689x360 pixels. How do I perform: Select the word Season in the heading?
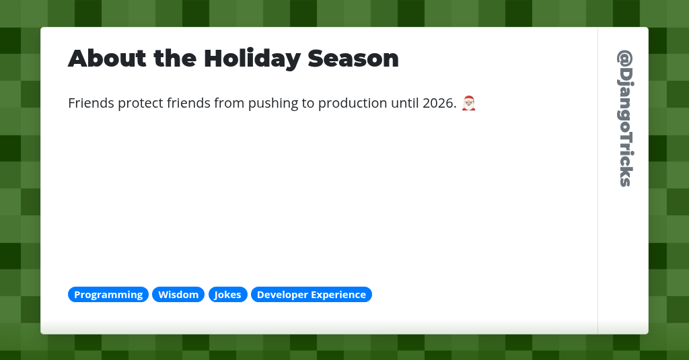(353, 59)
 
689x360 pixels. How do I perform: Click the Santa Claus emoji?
(469, 103)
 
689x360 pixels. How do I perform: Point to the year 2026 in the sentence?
(440, 104)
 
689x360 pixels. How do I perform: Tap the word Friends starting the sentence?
(91, 104)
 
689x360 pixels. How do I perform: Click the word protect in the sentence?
(141, 104)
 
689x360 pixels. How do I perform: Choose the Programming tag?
(108, 295)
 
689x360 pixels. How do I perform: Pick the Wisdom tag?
(178, 295)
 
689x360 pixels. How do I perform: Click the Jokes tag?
(228, 295)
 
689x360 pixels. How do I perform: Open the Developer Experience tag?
(312, 295)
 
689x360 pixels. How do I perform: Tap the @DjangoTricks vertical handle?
(624, 118)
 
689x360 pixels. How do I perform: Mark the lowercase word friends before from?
(189, 104)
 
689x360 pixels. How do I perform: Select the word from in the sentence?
(229, 104)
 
